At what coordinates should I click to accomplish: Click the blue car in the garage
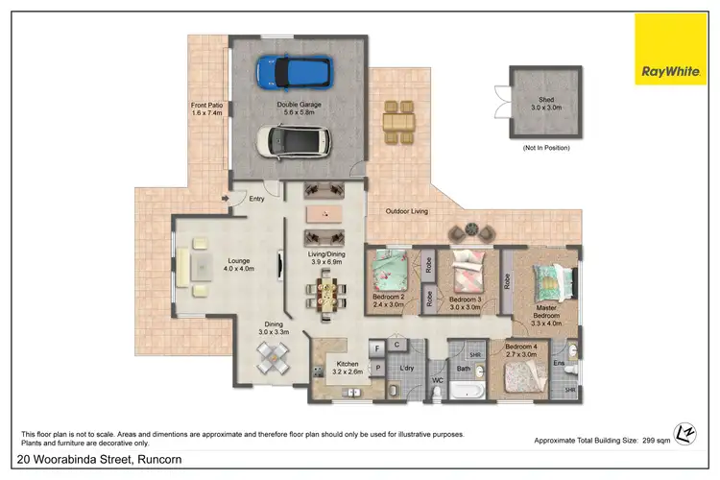tap(294, 71)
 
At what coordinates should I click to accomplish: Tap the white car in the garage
tap(294, 140)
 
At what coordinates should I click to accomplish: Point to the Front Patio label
tap(206, 108)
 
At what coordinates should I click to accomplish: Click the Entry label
tap(256, 200)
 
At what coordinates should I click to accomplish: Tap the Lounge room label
tap(239, 263)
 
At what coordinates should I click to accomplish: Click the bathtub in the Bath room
tap(468, 392)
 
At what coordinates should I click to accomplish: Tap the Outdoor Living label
tap(407, 211)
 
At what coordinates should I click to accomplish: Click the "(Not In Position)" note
tap(545, 147)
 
